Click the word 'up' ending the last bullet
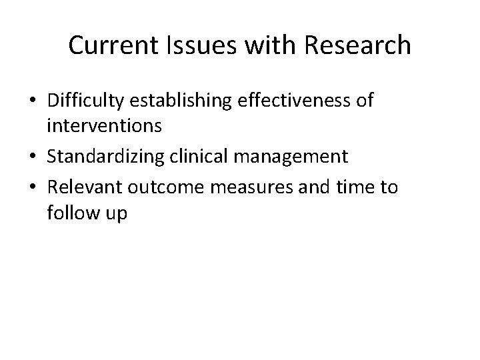point(113,213)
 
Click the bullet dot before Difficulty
point(33,103)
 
